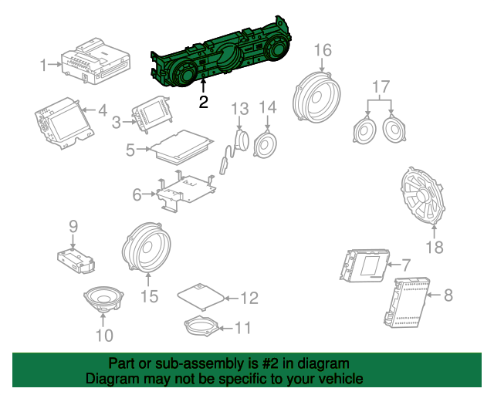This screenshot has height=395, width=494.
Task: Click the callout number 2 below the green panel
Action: [x=204, y=102]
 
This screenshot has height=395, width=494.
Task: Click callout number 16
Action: [x=323, y=50]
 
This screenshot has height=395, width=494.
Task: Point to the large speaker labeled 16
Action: [x=316, y=98]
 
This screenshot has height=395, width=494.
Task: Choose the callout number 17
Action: [x=381, y=86]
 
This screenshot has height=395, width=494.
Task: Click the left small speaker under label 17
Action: [x=365, y=129]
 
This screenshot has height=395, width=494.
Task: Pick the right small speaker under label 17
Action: [x=394, y=129]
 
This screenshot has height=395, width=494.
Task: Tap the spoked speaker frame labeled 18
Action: [x=423, y=196]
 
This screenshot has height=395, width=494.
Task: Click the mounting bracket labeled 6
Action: [x=186, y=191]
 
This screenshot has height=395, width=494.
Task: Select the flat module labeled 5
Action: [x=181, y=147]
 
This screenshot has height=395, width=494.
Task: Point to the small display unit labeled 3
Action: [x=153, y=115]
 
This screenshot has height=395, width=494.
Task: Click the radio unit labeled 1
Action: [x=96, y=62]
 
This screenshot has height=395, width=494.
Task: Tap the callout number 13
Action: [x=240, y=109]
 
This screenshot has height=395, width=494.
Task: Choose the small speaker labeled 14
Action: [x=265, y=145]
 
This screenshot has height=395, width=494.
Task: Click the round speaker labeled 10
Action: [x=103, y=299]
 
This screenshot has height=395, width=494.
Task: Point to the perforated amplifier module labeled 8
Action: [x=406, y=302]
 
